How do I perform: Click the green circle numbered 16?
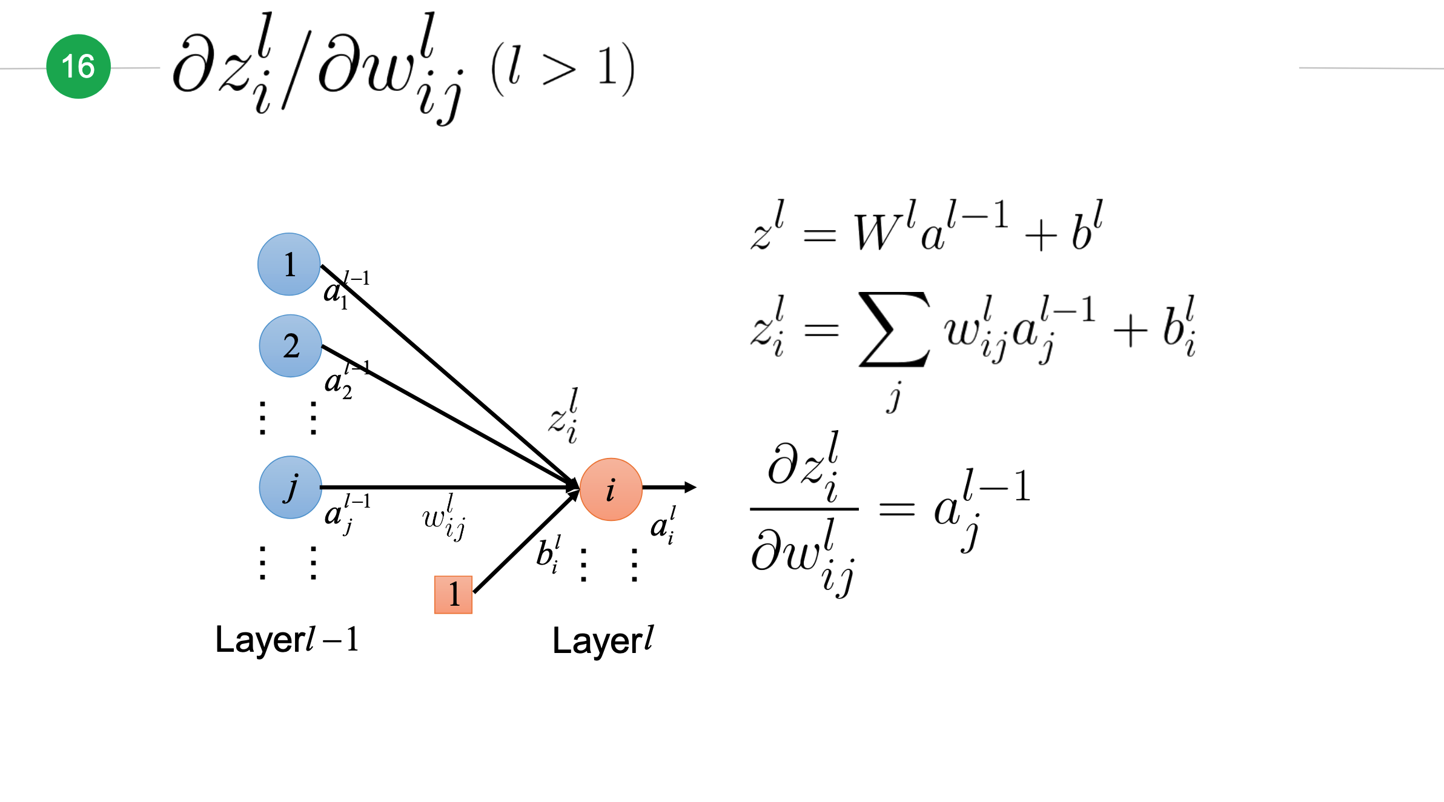click(x=79, y=67)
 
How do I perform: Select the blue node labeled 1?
click(x=290, y=264)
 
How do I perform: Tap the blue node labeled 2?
click(x=291, y=346)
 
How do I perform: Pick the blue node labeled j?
click(x=291, y=487)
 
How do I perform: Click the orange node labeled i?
click(x=611, y=489)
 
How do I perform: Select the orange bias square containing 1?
click(x=453, y=595)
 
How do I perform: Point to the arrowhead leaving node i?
click(x=691, y=487)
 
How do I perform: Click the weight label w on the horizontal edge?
click(x=444, y=517)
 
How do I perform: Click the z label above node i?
click(x=564, y=416)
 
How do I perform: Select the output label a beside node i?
click(x=663, y=525)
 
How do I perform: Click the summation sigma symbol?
click(x=894, y=330)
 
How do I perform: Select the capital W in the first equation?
click(x=878, y=232)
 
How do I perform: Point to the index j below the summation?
click(x=894, y=397)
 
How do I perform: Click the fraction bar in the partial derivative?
click(x=804, y=509)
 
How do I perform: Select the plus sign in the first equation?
click(x=1041, y=236)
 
